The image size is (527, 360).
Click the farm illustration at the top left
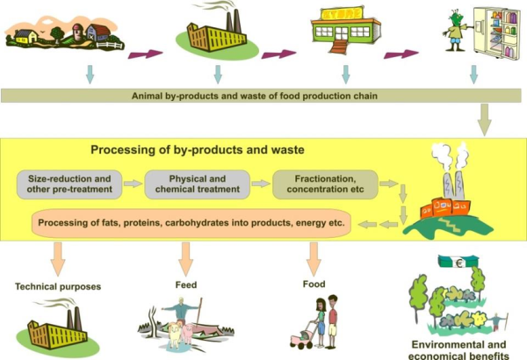(x=61, y=33)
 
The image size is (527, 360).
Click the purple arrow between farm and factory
(x=146, y=54)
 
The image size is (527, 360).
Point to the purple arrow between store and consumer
(x=401, y=54)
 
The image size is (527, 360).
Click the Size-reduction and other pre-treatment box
(x=67, y=184)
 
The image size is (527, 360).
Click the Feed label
(x=184, y=284)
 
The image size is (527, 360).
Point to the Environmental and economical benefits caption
(x=459, y=349)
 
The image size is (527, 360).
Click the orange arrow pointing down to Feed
(x=185, y=257)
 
